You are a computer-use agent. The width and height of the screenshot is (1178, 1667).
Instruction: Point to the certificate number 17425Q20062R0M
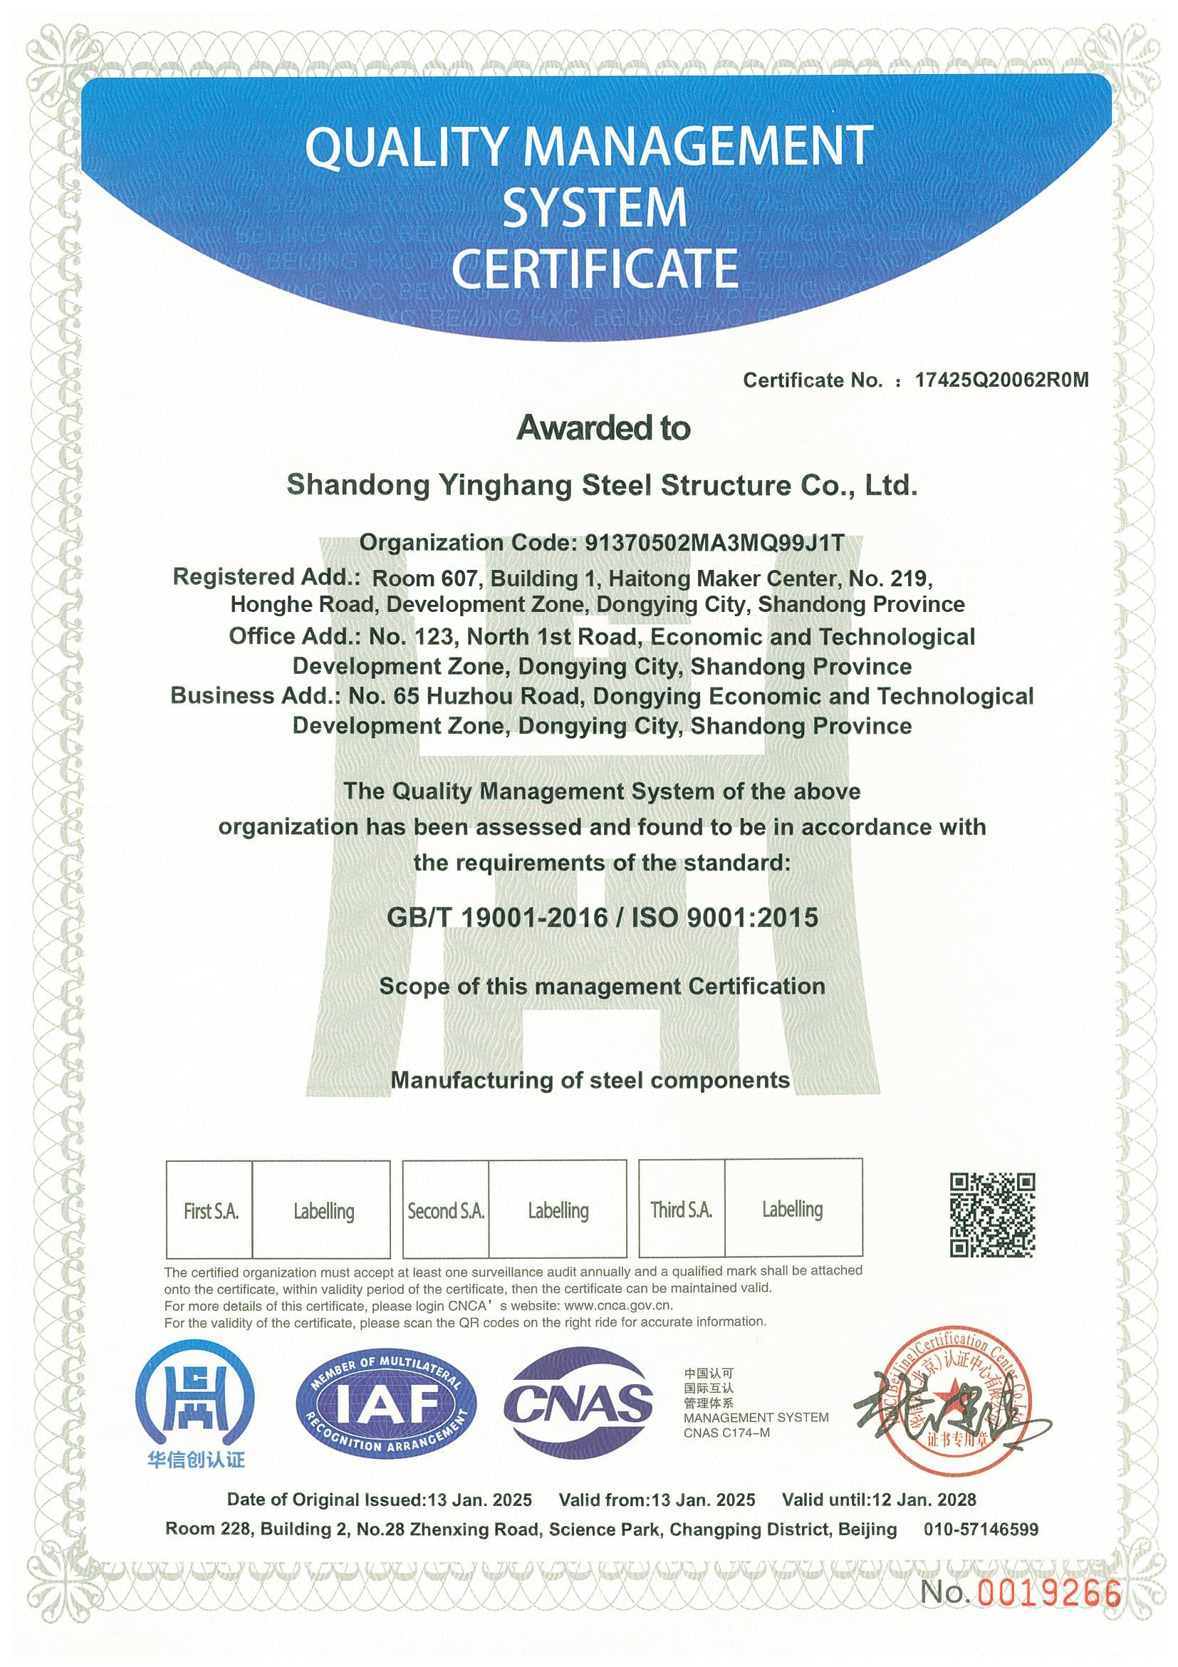[x=1001, y=380]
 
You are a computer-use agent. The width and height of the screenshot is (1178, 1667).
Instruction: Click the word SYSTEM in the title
[x=595, y=207]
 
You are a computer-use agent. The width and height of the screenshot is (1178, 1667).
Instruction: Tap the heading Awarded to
[x=603, y=428]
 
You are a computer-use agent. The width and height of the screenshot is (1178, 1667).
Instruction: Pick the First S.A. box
[x=211, y=1211]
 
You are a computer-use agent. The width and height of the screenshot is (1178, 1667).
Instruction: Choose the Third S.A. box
[x=682, y=1210]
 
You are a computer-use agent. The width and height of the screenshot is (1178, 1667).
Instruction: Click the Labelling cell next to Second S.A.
[x=558, y=1210]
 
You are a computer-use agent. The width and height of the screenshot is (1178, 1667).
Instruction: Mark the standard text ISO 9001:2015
[x=724, y=918]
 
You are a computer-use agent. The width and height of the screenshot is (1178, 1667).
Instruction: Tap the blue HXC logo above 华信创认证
[x=194, y=1398]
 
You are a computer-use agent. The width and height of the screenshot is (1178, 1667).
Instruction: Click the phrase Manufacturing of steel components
[x=590, y=1081]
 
